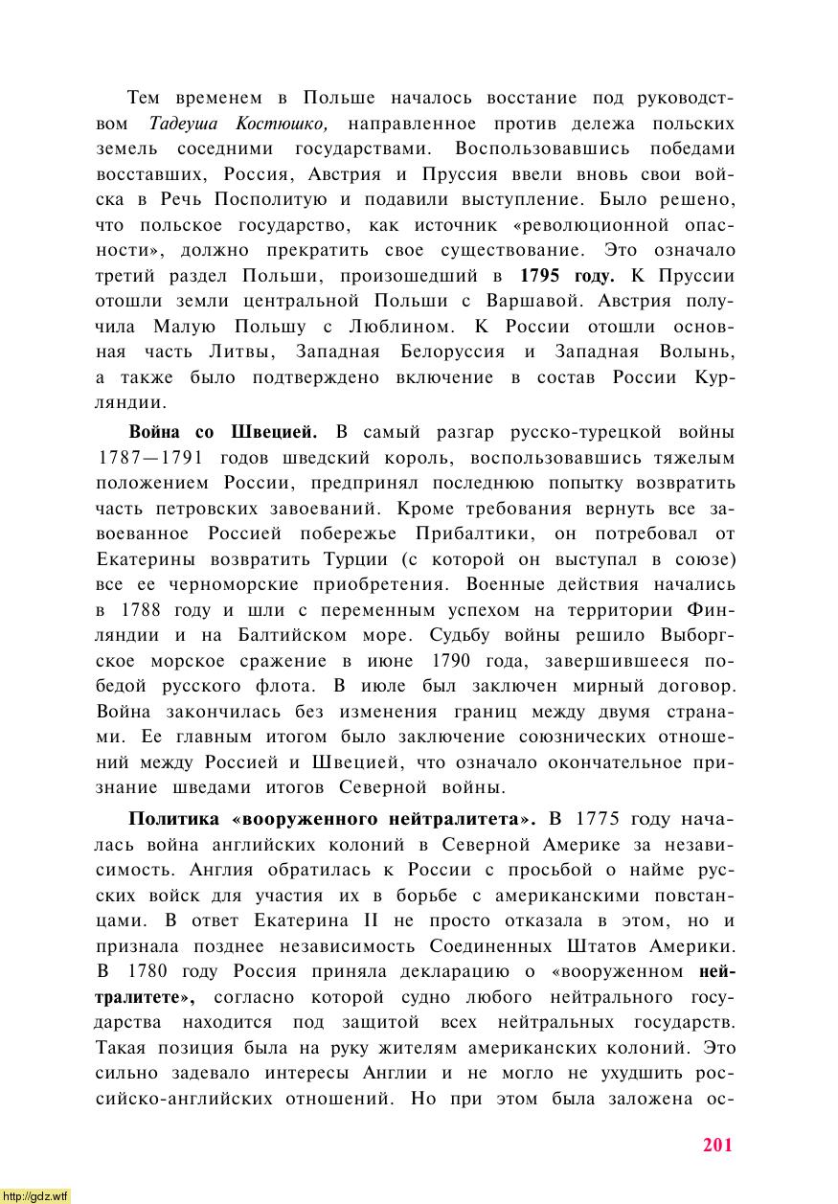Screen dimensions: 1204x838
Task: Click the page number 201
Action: [x=716, y=1145]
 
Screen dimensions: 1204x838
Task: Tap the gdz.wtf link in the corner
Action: [x=35, y=1195]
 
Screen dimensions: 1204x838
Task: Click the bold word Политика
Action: [x=174, y=819]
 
